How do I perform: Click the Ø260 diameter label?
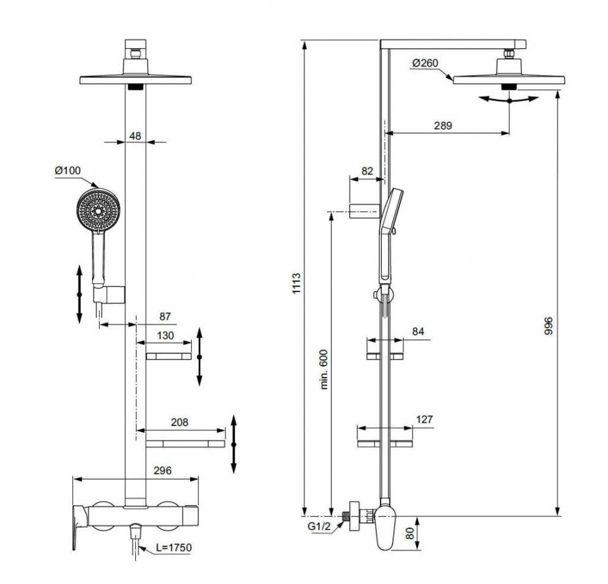(425, 63)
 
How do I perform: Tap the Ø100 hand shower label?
(68, 170)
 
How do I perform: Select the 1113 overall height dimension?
(297, 283)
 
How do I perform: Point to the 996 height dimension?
(548, 326)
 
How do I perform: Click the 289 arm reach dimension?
(443, 126)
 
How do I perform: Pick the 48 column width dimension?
(135, 136)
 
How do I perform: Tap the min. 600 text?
(324, 369)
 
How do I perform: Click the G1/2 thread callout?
(319, 526)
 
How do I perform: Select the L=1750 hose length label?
(174, 548)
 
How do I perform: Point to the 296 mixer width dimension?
(163, 471)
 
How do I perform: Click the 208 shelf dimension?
(179, 422)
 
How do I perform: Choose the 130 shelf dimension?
(165, 335)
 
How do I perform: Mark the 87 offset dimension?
(165, 316)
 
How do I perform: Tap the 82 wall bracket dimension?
(367, 171)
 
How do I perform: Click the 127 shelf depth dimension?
(424, 419)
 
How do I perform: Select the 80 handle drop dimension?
(410, 533)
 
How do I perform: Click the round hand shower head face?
(99, 210)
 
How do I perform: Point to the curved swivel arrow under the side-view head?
(509, 100)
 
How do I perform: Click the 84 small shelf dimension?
(418, 332)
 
